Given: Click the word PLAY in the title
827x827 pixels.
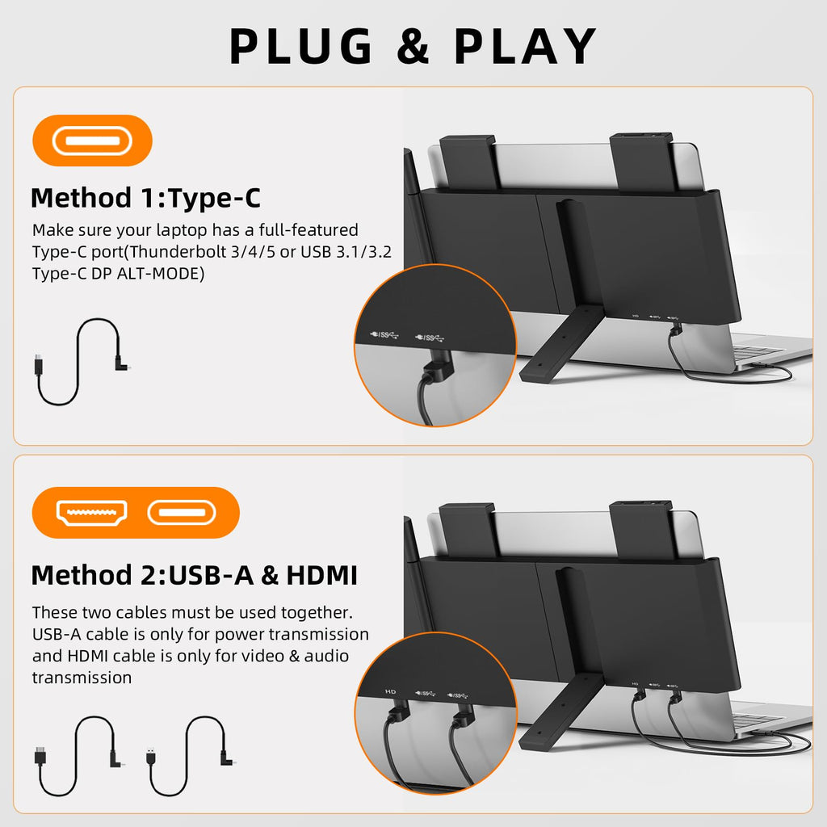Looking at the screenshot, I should [525, 47].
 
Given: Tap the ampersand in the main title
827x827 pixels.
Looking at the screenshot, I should [413, 48].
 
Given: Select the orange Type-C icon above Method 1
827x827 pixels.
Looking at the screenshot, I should [92, 141].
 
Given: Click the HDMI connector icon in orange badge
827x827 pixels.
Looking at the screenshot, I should [91, 512].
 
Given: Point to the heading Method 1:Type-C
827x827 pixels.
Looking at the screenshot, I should [145, 198].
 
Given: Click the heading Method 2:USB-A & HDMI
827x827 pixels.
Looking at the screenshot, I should [194, 576].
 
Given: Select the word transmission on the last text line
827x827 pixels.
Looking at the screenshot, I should [82, 678].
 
